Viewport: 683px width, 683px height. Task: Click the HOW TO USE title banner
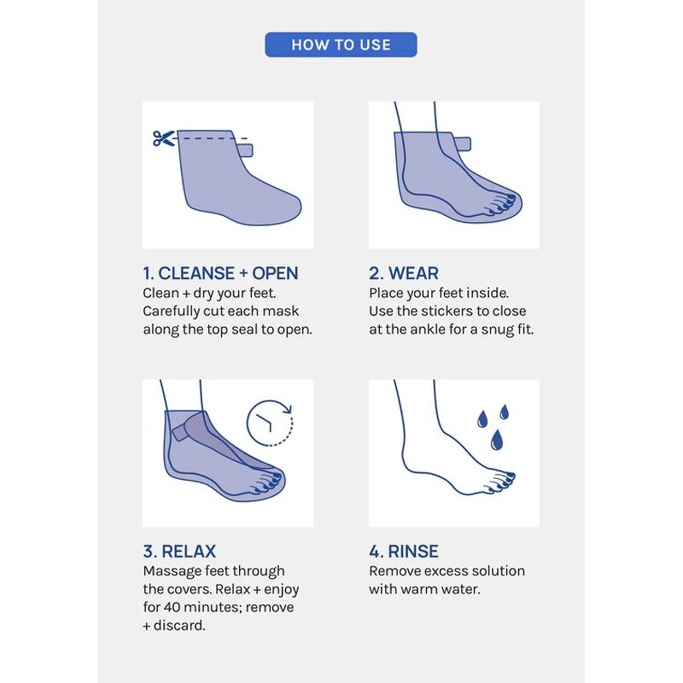341,44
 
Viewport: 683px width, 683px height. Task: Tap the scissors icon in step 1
163,138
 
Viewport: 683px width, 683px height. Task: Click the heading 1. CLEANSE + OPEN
220,273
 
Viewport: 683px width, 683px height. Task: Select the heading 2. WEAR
404,273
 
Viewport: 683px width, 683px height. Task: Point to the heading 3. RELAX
179,551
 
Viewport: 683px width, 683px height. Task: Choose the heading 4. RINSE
403,551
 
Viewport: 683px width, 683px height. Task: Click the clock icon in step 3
269,421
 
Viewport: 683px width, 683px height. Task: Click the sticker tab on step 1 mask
245,150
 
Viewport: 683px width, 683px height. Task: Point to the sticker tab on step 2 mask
462,142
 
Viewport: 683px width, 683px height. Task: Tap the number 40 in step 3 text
173,608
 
